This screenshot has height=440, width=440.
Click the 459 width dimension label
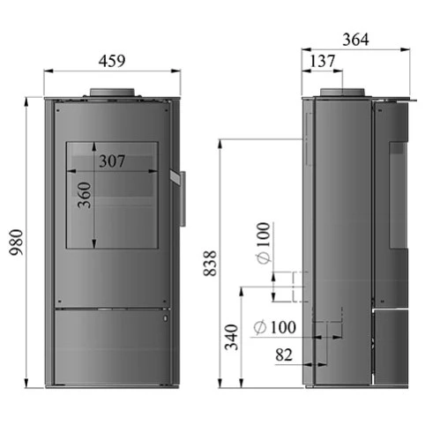point(112,61)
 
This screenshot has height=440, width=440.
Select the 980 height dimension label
point(16,242)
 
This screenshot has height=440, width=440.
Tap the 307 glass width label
point(112,161)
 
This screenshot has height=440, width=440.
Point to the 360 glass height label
point(85,195)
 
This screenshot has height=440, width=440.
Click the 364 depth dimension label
point(355,40)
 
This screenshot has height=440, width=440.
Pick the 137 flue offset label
point(323,61)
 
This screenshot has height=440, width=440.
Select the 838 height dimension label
point(210,263)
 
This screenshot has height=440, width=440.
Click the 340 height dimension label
point(231,337)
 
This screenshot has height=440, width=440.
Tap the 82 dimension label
point(284,354)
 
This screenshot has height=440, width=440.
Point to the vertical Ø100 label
point(263,243)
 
